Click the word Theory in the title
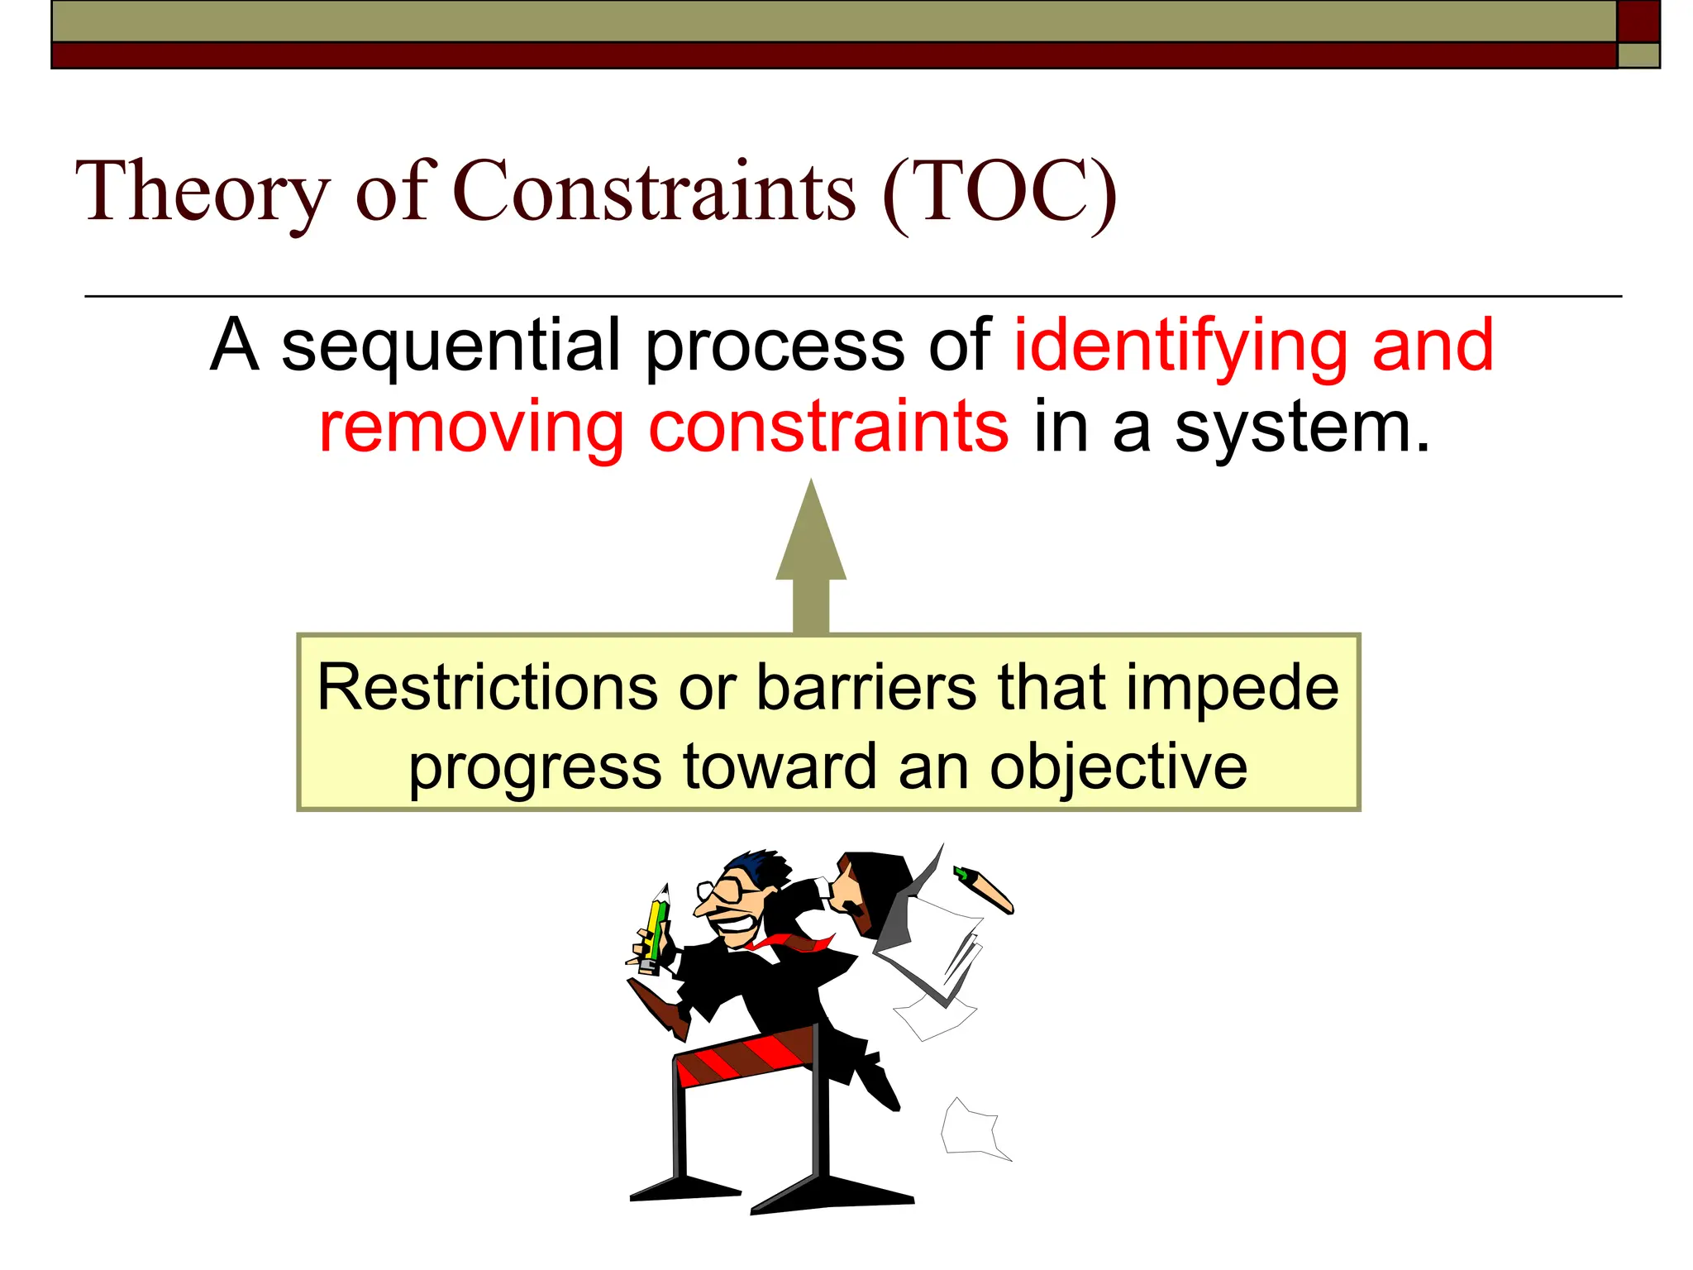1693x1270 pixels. tap(203, 192)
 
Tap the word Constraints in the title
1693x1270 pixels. tap(655, 192)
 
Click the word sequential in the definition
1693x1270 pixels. tap(451, 346)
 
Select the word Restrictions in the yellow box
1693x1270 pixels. tap(488, 688)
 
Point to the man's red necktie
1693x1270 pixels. tap(794, 943)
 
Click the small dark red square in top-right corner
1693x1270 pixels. tap(1638, 21)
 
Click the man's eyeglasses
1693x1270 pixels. tap(727, 891)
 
